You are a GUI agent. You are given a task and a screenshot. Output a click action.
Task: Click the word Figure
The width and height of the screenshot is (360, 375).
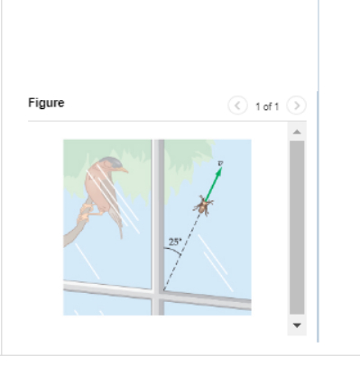coord(46,103)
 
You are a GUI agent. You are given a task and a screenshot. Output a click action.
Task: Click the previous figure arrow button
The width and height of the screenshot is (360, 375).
coord(237,105)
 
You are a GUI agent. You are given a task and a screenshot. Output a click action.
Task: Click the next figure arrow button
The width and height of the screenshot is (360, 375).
coord(297,105)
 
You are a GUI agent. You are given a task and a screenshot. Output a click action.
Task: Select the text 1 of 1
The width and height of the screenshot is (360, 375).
coord(267,106)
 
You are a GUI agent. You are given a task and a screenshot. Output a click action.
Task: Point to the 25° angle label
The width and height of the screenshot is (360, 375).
coord(174,242)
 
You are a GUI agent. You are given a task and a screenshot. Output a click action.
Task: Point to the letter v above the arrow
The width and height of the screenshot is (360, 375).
coord(220,163)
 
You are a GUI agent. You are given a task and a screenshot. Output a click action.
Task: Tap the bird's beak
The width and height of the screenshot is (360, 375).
coord(125,169)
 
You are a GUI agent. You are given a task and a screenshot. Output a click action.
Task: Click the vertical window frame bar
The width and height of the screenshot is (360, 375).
coord(158,225)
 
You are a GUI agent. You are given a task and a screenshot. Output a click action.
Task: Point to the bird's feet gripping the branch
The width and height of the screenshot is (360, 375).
coord(87,215)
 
